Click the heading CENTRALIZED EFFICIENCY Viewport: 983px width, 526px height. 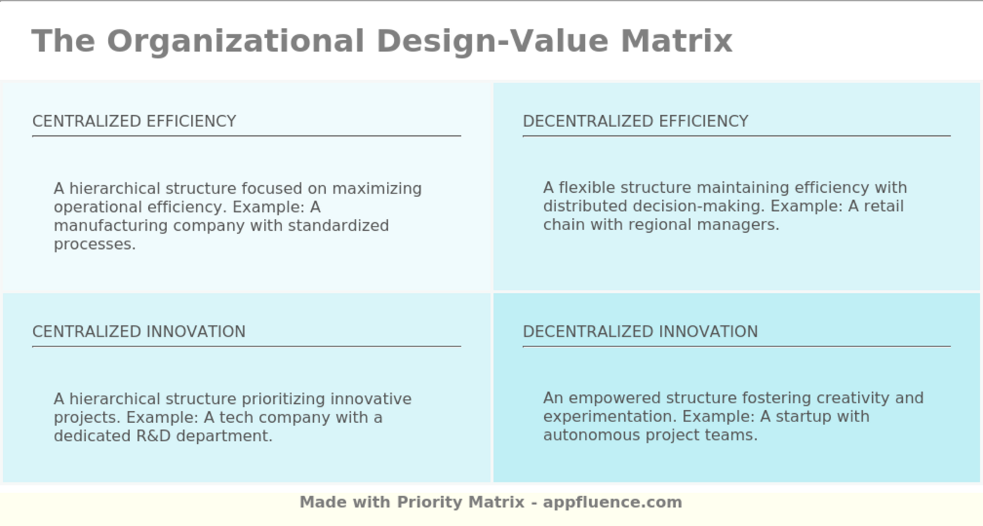134,121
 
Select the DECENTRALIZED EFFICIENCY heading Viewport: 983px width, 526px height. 635,121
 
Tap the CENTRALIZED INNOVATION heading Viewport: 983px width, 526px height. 139,332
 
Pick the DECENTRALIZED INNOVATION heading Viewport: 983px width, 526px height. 640,332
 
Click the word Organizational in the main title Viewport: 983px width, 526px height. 235,41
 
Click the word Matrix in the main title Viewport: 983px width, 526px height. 676,41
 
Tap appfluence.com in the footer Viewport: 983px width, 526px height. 612,502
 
